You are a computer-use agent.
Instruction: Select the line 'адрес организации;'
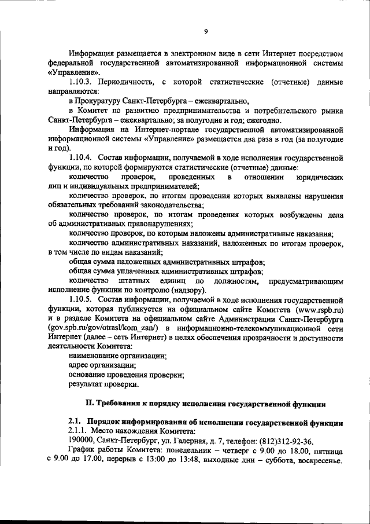(102, 365)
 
